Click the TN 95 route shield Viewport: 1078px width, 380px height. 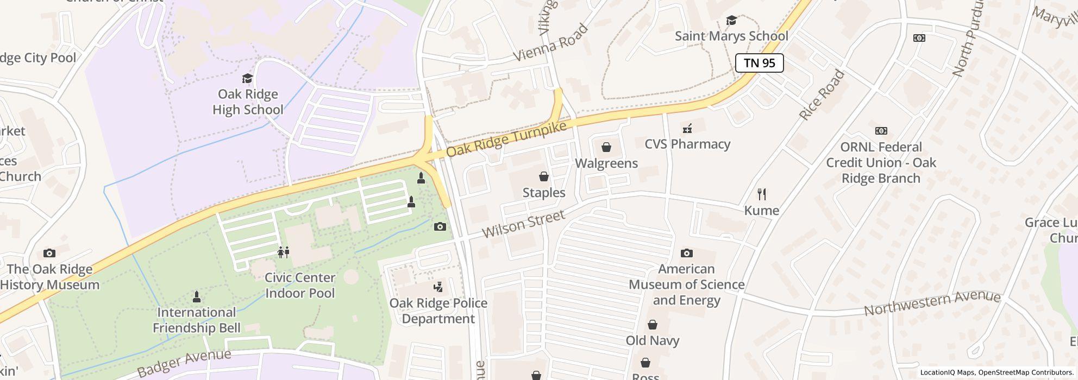point(759,63)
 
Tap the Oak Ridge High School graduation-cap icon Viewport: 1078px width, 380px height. point(248,79)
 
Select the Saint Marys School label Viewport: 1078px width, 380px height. point(731,36)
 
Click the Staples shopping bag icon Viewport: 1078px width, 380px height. point(543,176)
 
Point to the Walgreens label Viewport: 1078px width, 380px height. point(606,163)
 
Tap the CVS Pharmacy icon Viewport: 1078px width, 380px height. point(687,129)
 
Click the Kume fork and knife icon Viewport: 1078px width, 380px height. point(762,194)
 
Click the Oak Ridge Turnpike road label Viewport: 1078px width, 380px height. point(506,140)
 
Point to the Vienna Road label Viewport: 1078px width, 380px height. point(550,43)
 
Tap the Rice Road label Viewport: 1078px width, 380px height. point(822,96)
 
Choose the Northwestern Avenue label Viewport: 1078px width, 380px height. point(932,303)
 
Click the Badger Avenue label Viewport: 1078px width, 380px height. point(184,363)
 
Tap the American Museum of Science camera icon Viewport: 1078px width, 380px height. point(687,253)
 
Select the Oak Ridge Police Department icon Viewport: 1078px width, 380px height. point(438,287)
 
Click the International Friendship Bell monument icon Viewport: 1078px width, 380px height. point(197,296)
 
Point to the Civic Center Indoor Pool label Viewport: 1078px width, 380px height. point(300,285)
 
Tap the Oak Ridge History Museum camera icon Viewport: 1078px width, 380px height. point(49,253)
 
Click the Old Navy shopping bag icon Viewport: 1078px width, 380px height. point(652,325)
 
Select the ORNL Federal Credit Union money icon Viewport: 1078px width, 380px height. point(881,131)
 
